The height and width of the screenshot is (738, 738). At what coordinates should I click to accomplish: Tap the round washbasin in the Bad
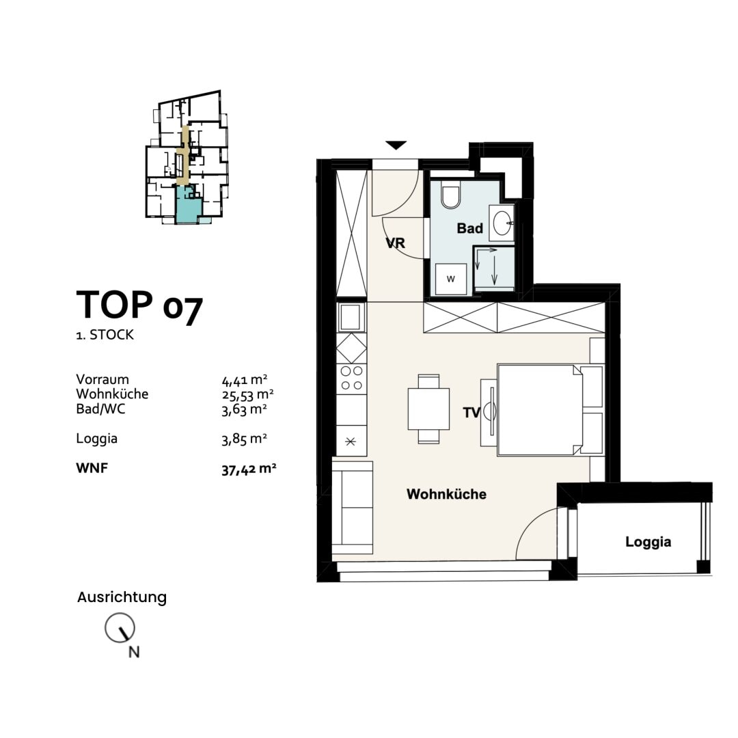[x=503, y=223]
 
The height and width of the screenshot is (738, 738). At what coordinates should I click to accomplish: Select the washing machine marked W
[x=450, y=278]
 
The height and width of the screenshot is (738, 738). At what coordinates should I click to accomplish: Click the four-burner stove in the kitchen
[x=351, y=378]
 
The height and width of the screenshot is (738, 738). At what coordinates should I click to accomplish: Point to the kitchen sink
[x=351, y=316]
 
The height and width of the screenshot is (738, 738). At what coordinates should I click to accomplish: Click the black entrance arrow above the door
[x=396, y=145]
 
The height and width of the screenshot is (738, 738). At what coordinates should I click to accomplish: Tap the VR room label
[x=396, y=243]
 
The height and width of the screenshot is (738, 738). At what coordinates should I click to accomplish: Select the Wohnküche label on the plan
[x=446, y=494]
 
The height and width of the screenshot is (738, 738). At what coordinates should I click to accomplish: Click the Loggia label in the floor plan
[x=648, y=542]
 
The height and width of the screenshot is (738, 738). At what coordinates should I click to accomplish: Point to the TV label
[x=471, y=413]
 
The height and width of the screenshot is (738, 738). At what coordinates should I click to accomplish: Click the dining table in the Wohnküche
[x=428, y=409]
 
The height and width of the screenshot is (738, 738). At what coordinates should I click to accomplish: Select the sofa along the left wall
[x=353, y=507]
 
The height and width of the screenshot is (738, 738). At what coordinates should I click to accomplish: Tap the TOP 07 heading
[x=139, y=305]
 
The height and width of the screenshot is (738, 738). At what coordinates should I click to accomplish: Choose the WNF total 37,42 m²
[x=248, y=469]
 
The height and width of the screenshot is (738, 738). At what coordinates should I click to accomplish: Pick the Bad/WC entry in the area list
[x=100, y=409]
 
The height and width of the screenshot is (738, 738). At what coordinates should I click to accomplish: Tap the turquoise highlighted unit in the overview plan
[x=185, y=204]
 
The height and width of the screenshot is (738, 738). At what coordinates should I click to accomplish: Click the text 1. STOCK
[x=105, y=336]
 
